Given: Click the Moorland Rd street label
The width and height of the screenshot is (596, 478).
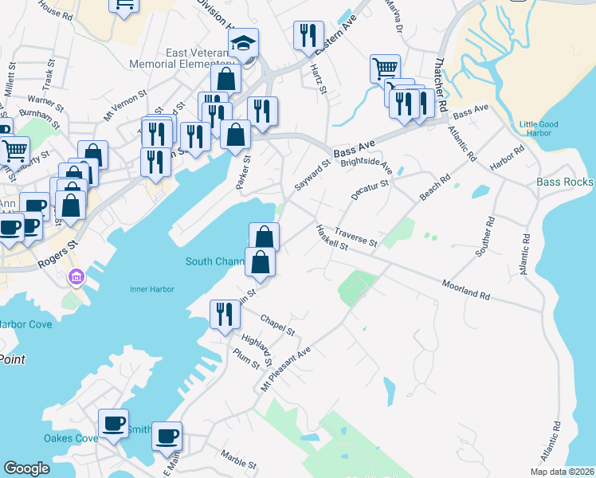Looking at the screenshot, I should click(x=465, y=288).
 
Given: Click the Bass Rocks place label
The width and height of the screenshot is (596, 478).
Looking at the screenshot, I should click(x=564, y=182).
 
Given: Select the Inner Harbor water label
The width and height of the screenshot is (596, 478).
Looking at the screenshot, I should click(x=151, y=289).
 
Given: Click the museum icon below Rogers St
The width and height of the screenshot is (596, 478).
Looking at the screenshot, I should click(x=76, y=277).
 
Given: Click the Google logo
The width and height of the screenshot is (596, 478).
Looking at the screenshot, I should click(x=26, y=468).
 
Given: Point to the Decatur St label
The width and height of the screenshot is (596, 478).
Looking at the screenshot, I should click(x=369, y=190).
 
